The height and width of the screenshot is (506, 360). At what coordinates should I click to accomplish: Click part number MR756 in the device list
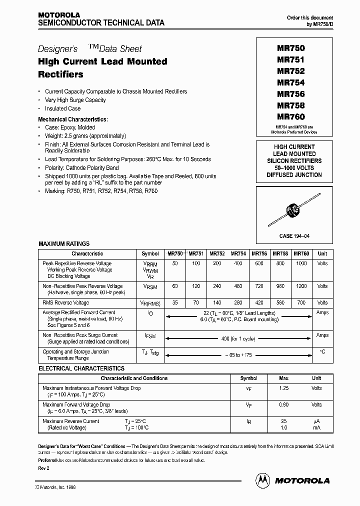290,94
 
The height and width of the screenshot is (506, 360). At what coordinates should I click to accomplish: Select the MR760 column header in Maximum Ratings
301,253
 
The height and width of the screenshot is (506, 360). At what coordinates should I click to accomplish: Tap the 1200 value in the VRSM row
301,286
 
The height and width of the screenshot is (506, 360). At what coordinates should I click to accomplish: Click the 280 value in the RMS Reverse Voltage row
238,302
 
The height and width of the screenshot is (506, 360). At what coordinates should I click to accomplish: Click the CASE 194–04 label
290,235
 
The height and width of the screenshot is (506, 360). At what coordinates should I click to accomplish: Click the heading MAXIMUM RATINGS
64,243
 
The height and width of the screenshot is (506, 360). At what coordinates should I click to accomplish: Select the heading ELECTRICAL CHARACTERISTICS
81,368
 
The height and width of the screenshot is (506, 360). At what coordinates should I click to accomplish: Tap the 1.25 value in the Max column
283,388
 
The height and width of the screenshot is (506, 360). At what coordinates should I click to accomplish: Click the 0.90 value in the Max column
283,404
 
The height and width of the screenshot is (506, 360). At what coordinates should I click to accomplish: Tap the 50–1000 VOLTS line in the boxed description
294,168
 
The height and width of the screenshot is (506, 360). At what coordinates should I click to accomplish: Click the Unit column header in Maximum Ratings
322,253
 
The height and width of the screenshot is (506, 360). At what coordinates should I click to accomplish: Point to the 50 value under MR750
175,263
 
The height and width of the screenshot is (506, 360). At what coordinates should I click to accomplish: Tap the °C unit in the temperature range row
322,351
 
